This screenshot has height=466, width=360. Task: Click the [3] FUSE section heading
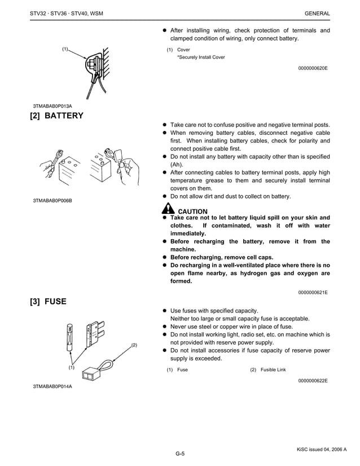pyautogui.click(x=48, y=302)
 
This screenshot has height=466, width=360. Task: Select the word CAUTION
pyautogui.click(x=192, y=212)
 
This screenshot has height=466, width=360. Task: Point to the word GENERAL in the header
pyautogui.click(x=317, y=13)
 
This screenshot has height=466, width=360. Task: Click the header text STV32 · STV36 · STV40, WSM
pyautogui.click(x=66, y=13)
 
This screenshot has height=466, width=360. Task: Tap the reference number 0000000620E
pyautogui.click(x=312, y=68)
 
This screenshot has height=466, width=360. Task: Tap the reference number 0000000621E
pyautogui.click(x=312, y=292)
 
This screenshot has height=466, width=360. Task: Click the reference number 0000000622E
pyautogui.click(x=312, y=381)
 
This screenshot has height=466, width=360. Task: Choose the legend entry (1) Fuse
pyautogui.click(x=177, y=370)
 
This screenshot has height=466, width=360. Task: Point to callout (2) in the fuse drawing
pyautogui.click(x=134, y=344)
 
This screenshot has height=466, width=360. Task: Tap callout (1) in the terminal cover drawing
pyautogui.click(x=65, y=49)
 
